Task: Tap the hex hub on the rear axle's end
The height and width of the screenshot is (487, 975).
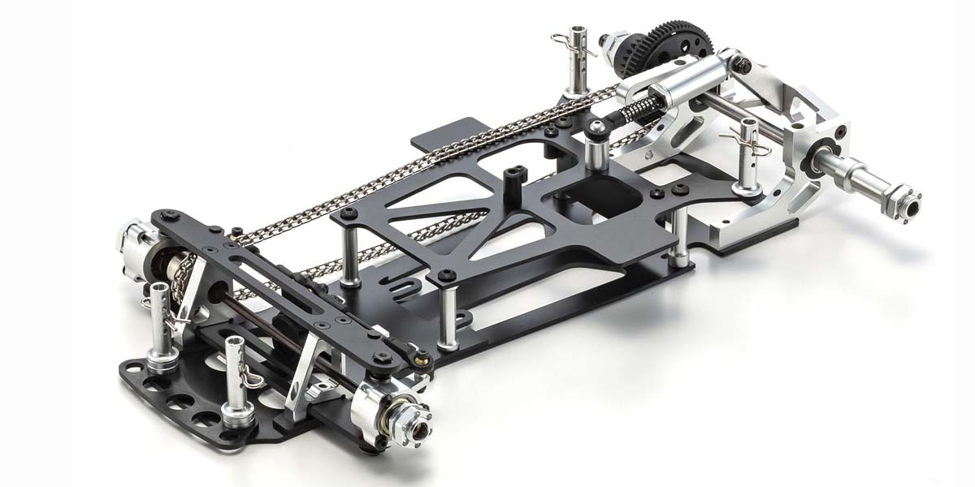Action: click(x=907, y=199)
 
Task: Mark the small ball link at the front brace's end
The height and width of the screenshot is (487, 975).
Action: click(x=422, y=355)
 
